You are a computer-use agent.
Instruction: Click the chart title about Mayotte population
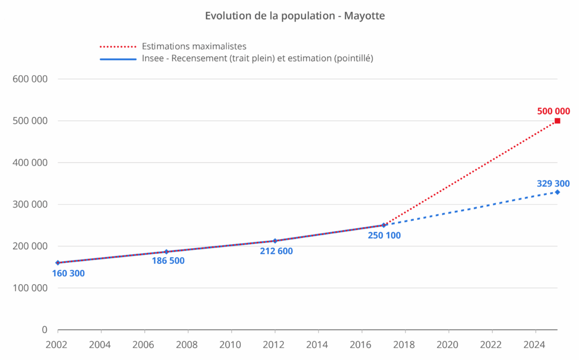point(295,16)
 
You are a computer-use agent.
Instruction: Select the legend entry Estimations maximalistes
point(194,46)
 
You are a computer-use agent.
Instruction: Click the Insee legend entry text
point(257,58)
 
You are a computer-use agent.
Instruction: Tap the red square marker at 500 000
point(557,121)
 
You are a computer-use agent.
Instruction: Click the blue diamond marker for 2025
point(557,192)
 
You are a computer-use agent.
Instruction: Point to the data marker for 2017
point(383,225)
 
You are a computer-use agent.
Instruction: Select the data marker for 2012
point(275,241)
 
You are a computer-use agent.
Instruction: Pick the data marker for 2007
point(166,252)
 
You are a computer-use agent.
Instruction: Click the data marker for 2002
point(58,263)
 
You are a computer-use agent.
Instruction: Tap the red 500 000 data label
point(553,111)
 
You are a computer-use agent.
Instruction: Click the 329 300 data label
point(553,183)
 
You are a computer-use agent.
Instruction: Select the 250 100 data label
point(384,235)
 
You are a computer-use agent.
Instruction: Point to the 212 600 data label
point(276,251)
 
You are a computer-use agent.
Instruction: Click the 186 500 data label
point(168,261)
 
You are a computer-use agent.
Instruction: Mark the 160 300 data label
point(68,274)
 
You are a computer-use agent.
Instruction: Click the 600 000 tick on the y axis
point(29,79)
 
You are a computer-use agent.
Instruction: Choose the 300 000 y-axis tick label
point(29,205)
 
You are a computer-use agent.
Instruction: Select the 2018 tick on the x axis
point(405,344)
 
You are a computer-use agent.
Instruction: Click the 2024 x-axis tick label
point(535,344)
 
